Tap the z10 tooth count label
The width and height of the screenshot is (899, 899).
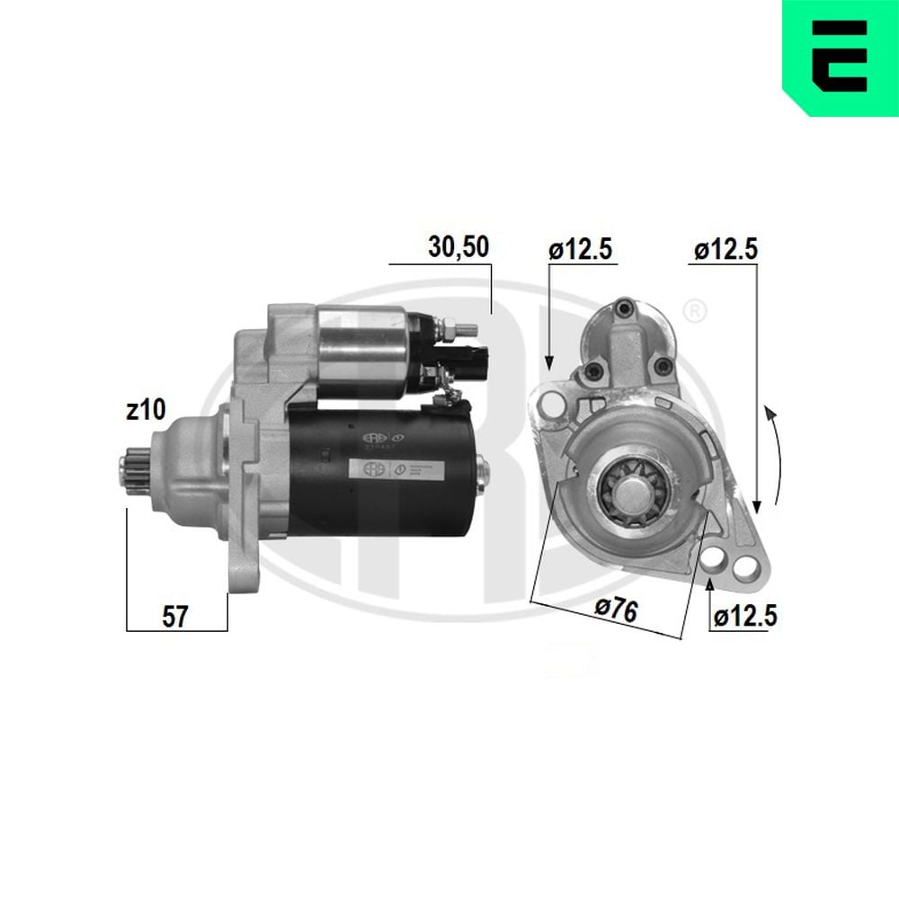pyautogui.click(x=146, y=411)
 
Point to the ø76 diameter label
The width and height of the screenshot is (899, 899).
pyautogui.click(x=616, y=611)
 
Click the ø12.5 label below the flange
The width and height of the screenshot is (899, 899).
pyautogui.click(x=744, y=616)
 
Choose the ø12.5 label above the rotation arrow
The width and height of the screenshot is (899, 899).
pyautogui.click(x=725, y=250)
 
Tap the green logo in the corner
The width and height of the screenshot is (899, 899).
pyautogui.click(x=840, y=57)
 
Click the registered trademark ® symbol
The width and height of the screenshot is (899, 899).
pyautogui.click(x=694, y=311)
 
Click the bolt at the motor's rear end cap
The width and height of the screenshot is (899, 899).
pyautogui.click(x=482, y=468)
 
